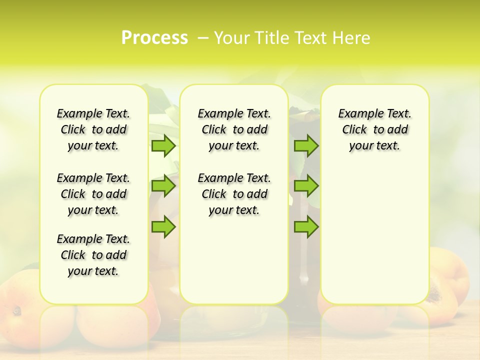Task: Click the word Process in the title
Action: [154, 38]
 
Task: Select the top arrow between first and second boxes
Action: [163, 145]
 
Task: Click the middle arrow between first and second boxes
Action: [163, 186]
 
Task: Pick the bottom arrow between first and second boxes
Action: [163, 226]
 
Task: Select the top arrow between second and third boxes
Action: [306, 145]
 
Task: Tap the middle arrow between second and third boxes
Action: [306, 186]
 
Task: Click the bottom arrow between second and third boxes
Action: [306, 226]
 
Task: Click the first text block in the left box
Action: [93, 129]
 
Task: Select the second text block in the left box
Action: [93, 194]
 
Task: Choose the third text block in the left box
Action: [93, 255]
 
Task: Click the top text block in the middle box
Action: [234, 129]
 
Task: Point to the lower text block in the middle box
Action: [234, 194]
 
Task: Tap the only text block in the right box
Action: [374, 129]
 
